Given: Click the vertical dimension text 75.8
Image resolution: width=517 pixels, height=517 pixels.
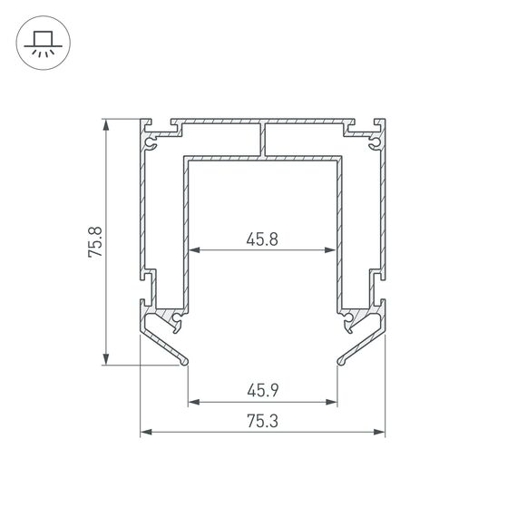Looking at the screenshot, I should pyautogui.click(x=95, y=241).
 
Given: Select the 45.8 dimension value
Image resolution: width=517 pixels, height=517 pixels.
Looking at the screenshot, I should pyautogui.click(x=261, y=239).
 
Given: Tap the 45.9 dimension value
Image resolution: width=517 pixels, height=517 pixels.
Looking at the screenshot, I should pyautogui.click(x=261, y=392).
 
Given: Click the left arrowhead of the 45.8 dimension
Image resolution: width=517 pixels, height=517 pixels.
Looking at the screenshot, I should pyautogui.click(x=192, y=250).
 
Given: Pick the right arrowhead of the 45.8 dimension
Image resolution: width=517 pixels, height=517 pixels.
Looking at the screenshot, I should pyautogui.click(x=333, y=250).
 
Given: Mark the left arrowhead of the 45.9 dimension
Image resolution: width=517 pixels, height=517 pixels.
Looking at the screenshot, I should pyautogui.click(x=192, y=402).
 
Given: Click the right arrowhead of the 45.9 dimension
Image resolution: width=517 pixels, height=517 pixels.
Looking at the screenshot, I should pyautogui.click(x=333, y=402).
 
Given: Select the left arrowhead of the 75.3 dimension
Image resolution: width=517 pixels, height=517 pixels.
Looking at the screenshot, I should pyautogui.click(x=146, y=433).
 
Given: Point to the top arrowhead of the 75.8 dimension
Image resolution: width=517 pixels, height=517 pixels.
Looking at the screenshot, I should pyautogui.click(x=107, y=124).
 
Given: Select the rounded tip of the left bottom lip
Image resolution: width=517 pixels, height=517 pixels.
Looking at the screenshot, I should pyautogui.click(x=186, y=362).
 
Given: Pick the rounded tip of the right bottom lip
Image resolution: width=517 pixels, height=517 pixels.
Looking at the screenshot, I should pyautogui.click(x=340, y=362).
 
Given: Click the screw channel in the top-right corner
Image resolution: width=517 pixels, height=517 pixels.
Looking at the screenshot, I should pyautogui.click(x=376, y=141).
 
